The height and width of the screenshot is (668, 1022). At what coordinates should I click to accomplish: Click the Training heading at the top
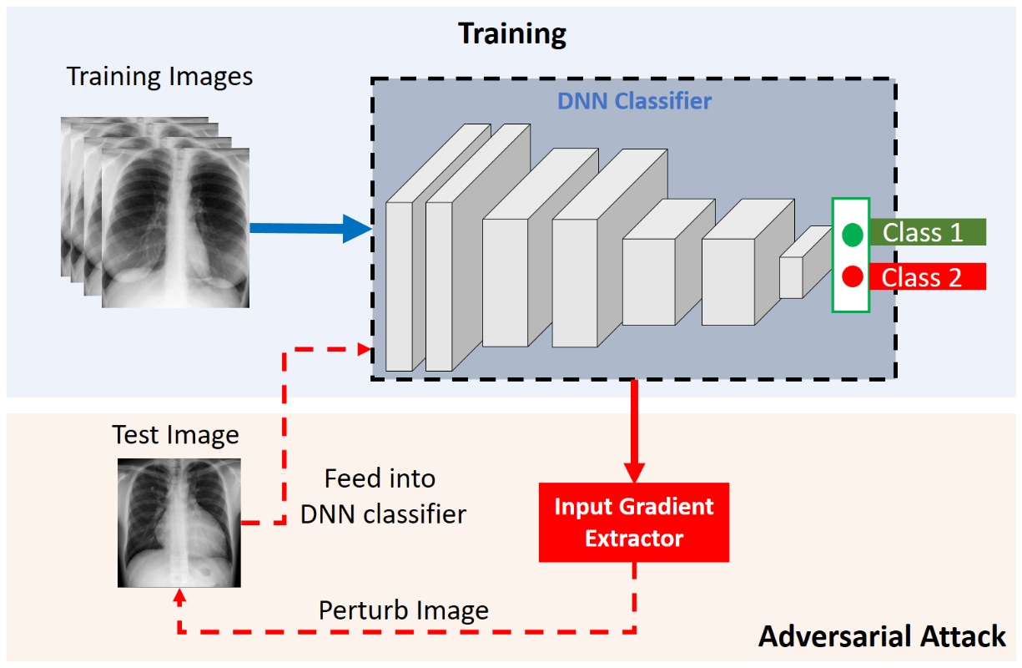click(x=512, y=34)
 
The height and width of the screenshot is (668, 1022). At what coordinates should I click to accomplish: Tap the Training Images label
click(x=159, y=77)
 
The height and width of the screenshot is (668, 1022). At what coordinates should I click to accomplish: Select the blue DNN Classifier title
click(x=634, y=102)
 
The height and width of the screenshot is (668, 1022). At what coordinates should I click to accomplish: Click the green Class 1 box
click(x=927, y=232)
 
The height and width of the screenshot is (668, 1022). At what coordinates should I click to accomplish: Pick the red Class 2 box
click(x=926, y=276)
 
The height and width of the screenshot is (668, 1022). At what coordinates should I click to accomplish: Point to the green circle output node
click(x=852, y=235)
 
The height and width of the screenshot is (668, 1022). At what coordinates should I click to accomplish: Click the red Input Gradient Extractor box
click(x=634, y=522)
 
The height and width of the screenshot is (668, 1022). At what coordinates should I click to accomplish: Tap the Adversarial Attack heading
click(x=882, y=637)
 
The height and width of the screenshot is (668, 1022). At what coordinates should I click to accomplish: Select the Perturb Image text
click(x=403, y=610)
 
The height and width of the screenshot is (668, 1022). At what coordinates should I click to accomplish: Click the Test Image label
click(x=175, y=435)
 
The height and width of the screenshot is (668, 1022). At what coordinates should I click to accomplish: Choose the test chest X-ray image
click(x=179, y=522)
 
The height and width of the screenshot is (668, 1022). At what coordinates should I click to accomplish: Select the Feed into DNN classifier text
click(x=383, y=496)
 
